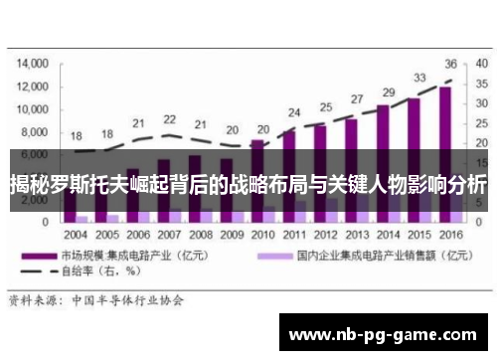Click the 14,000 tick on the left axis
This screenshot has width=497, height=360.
pyautogui.click(x=33, y=62)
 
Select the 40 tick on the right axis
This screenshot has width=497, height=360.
pyautogui.click(x=480, y=62)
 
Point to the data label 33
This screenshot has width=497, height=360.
pyautogui.click(x=419, y=78)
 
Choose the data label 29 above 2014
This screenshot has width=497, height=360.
pyautogui.click(x=389, y=92)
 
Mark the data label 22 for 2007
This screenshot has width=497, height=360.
pyautogui.click(x=170, y=122)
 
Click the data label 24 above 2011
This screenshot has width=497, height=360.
pyautogui.click(x=294, y=112)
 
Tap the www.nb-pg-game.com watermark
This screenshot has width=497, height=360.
pyautogui.click(x=384, y=333)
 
